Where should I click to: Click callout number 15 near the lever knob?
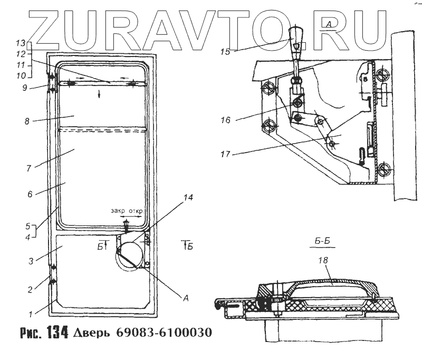225,52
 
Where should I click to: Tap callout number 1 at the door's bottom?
31,315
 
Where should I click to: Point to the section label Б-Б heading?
322,242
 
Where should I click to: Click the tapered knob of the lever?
296,37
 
